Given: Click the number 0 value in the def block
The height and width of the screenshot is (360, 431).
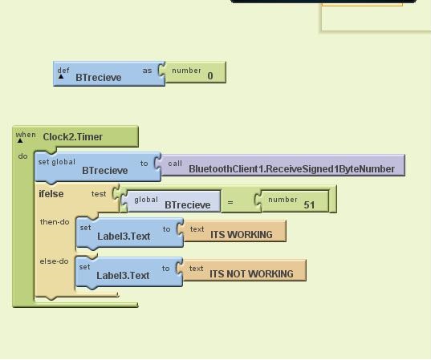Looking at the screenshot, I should tap(210, 76).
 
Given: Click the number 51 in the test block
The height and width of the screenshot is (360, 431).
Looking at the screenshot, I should tap(310, 204).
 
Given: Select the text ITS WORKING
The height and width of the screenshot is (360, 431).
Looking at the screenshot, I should tap(242, 235).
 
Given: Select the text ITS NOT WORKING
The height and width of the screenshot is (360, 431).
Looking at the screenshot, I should tap(251, 274).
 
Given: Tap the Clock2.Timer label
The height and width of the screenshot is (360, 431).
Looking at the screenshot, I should tap(73, 137).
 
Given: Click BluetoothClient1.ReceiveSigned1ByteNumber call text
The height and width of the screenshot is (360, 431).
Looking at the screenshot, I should tap(291, 169).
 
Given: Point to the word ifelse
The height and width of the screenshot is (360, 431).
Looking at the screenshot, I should tap(51, 193).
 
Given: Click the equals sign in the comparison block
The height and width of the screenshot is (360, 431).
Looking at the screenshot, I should tap(230, 202).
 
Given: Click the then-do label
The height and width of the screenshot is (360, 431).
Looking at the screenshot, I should tap(55, 221).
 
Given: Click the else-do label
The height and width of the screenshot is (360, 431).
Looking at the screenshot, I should tap(55, 261).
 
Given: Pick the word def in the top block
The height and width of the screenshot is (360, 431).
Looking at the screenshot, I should tap(63, 70).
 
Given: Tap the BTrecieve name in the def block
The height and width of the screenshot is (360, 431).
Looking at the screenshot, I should tap(99, 78).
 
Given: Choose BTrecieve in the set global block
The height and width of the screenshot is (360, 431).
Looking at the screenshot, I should tap(104, 170).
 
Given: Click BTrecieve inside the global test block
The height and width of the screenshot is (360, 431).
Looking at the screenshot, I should tap(187, 204).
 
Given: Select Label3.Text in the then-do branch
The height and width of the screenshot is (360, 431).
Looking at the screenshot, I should tap(124, 236).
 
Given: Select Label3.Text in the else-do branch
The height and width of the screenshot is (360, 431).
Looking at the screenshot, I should tap(123, 276).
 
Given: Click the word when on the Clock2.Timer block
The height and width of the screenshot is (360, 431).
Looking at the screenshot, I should tap(26, 135).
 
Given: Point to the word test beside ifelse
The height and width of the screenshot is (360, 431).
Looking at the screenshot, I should tap(99, 193).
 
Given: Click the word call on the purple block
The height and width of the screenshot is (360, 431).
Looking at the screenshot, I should tap(175, 164).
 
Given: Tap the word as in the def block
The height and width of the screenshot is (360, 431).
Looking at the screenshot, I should tap(148, 71).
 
